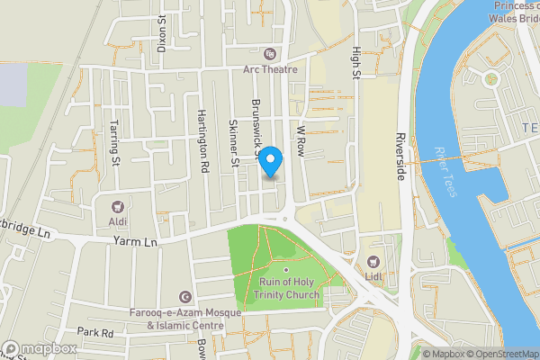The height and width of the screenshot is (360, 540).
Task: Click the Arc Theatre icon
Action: tap(267, 53)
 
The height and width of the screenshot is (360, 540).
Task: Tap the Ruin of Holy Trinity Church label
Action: tap(286, 289)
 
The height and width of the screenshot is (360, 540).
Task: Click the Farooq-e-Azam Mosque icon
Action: tap(186, 298)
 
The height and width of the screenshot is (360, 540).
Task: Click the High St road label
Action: tap(356, 62)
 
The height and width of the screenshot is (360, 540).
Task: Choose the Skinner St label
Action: tap(233, 143)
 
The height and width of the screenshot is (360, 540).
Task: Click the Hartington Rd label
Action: tap(202, 141)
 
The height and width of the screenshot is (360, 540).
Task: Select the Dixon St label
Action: tap(163, 33)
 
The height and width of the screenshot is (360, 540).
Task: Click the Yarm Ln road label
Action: tap(136, 241)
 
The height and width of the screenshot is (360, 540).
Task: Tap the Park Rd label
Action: tap(94, 333)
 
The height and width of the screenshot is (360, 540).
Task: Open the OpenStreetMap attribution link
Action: tap(499, 354)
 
